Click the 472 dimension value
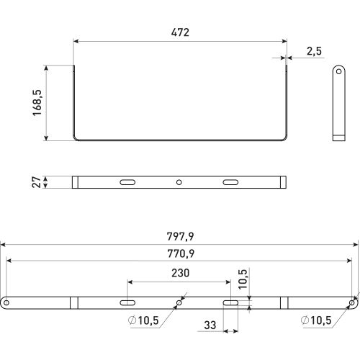click(180, 32)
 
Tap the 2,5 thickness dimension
click(314, 51)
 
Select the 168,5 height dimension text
click(37, 103)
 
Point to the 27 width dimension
click(37, 182)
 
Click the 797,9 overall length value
click(180, 236)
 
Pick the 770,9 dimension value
click(181, 253)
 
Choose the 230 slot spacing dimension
click(180, 273)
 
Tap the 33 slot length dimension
click(210, 325)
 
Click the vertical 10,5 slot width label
click(243, 279)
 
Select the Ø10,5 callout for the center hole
click(143, 320)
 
